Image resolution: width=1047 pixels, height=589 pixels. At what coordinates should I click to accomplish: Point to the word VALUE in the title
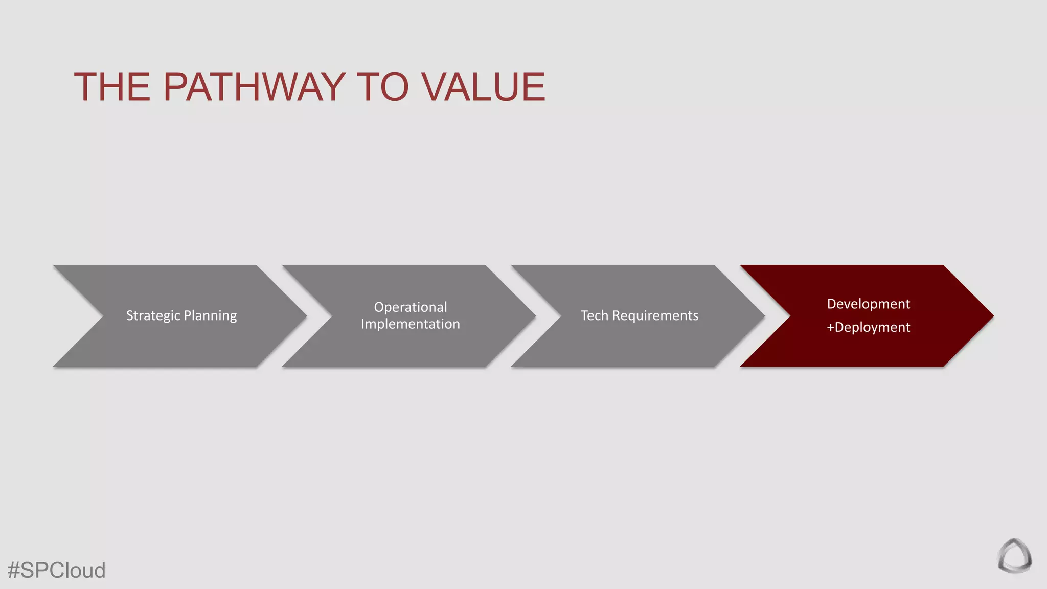(484, 86)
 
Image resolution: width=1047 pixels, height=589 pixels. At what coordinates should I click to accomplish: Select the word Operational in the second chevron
(411, 307)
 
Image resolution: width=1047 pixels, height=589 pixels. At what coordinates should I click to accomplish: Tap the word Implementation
(411, 324)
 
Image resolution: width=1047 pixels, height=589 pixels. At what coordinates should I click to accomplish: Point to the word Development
(868, 304)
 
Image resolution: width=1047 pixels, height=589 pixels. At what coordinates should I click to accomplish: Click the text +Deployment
(868, 327)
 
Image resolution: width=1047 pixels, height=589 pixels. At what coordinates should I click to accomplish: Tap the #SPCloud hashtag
(57, 570)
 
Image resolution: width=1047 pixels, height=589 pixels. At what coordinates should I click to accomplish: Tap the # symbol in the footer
(14, 570)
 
